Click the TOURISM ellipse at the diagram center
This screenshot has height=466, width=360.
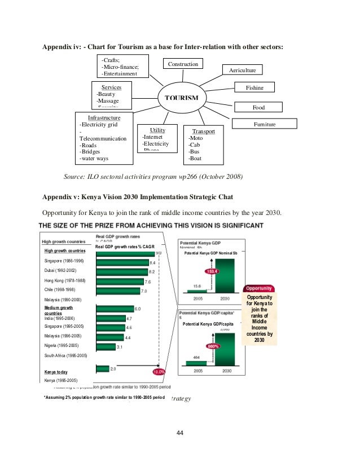click(x=181, y=98)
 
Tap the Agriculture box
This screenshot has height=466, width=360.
click(x=243, y=71)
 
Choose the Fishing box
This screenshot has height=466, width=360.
click(x=254, y=88)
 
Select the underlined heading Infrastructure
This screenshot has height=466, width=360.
click(x=105, y=117)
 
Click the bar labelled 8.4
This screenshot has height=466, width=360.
click(x=122, y=262)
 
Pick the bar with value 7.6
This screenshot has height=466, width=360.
click(x=120, y=281)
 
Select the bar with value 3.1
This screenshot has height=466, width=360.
click(x=106, y=346)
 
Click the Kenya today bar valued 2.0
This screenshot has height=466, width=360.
click(x=102, y=368)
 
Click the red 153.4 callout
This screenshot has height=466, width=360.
click(x=211, y=271)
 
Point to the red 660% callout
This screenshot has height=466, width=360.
click(x=213, y=346)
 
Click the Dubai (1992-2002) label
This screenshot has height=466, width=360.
click(x=60, y=271)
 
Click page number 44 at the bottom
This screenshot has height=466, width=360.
click(x=180, y=433)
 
